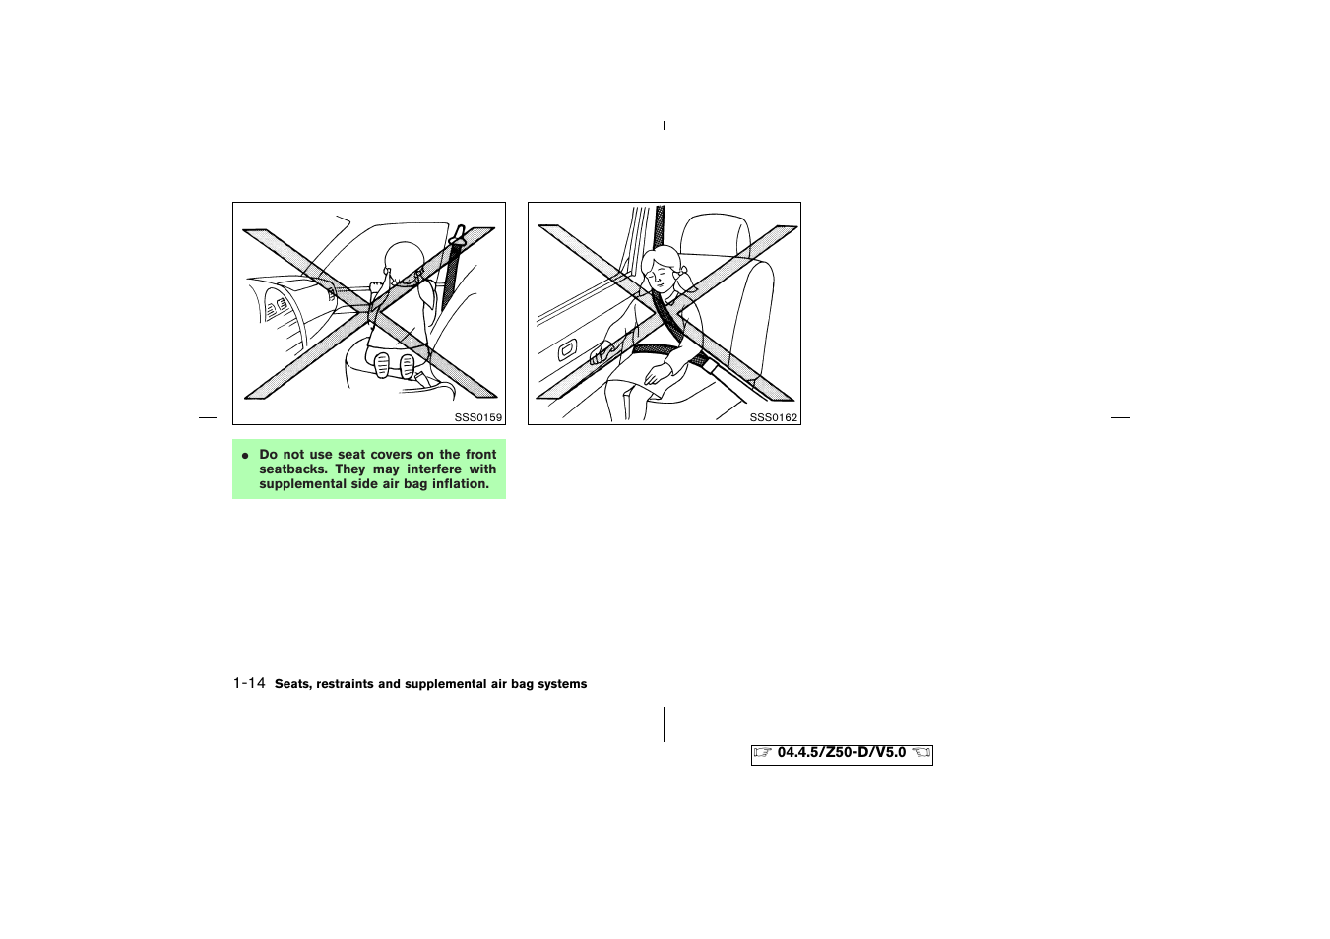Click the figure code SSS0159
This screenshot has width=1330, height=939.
click(x=477, y=417)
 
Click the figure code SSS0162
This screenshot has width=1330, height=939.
click(x=773, y=417)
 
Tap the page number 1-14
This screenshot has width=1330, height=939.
click(x=249, y=683)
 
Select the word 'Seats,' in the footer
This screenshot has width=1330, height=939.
click(x=293, y=684)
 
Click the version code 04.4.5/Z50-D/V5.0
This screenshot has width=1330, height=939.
click(x=841, y=752)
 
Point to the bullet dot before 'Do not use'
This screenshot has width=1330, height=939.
click(x=245, y=455)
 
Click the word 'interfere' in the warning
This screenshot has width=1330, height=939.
click(x=434, y=469)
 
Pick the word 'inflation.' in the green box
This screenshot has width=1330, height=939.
click(x=461, y=484)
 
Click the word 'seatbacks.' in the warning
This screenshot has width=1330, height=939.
click(x=292, y=469)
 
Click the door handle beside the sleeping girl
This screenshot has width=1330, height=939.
click(x=568, y=349)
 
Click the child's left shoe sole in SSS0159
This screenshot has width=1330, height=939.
click(x=382, y=365)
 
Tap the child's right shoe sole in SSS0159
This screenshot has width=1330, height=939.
click(x=407, y=366)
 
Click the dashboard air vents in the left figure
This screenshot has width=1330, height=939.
click(x=277, y=307)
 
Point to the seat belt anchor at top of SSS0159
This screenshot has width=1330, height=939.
click(x=458, y=235)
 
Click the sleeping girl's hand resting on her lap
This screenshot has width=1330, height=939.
click(x=655, y=375)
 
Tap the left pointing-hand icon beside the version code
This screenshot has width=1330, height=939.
click(x=763, y=753)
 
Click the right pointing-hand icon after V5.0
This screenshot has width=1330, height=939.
click(x=920, y=753)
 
